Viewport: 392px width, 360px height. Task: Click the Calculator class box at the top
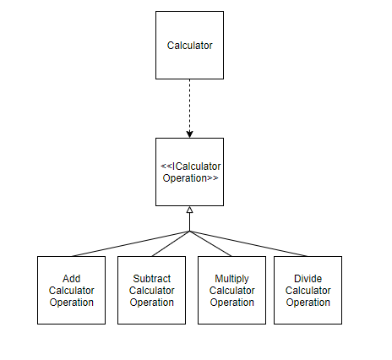[x=189, y=46]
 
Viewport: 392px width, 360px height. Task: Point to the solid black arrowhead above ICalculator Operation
[x=189, y=133]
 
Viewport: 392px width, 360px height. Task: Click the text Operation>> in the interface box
[x=190, y=178]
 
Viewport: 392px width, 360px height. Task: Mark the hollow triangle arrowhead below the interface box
[x=189, y=210]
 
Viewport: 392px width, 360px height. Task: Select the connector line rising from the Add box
[x=127, y=244]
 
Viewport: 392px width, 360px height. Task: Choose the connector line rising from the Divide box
[x=253, y=244]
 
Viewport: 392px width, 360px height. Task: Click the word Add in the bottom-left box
[x=72, y=278]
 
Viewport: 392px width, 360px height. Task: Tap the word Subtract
[x=151, y=278]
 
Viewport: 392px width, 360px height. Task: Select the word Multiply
[x=231, y=278]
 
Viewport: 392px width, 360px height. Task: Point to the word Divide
[x=308, y=278]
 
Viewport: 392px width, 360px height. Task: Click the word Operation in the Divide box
[x=308, y=302]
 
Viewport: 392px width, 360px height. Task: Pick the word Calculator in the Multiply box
[x=231, y=290]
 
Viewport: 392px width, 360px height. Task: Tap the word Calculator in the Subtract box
[x=151, y=290]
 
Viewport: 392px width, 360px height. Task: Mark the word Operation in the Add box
[x=72, y=302]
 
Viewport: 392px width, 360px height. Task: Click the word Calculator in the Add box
[x=72, y=290]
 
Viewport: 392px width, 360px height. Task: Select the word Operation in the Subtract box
[x=151, y=302]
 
